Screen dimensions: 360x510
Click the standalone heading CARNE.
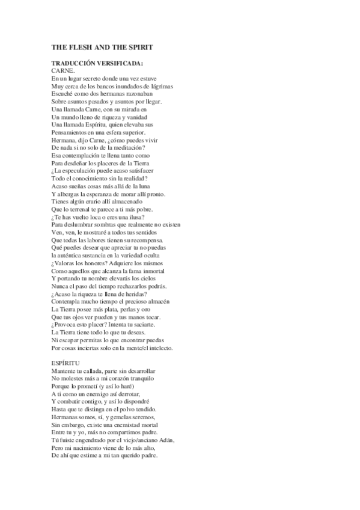pyautogui.click(x=63, y=71)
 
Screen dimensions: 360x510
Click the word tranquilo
pyautogui.click(x=142, y=379)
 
